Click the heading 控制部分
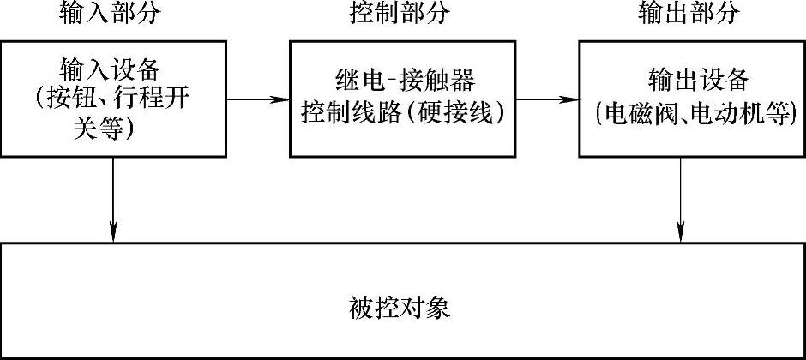click(x=400, y=14)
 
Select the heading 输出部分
click(x=689, y=14)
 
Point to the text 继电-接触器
click(x=400, y=83)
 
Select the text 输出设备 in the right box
click(x=689, y=82)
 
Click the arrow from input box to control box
click(x=257, y=99)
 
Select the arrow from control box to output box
click(x=547, y=99)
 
